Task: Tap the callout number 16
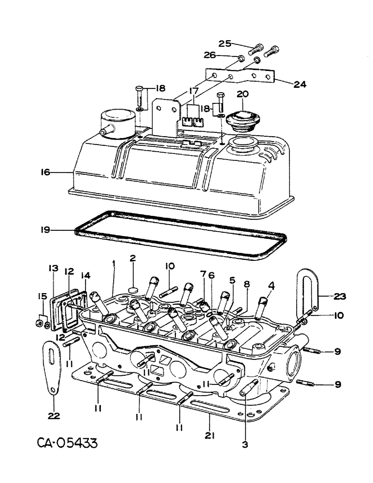coord(47,171)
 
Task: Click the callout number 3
coord(245,445)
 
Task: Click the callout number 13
coord(52,268)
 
